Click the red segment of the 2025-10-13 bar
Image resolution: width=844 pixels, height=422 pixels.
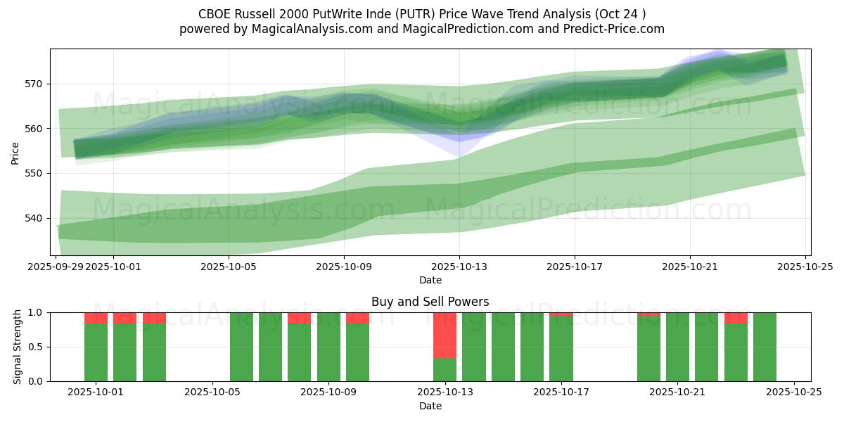tap(445, 335)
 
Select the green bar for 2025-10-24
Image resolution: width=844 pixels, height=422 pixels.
tap(765, 347)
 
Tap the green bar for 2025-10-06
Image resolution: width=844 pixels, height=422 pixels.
tap(241, 347)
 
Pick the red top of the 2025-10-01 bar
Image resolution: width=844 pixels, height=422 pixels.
tap(96, 318)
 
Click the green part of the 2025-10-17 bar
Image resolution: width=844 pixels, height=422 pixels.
tap(561, 349)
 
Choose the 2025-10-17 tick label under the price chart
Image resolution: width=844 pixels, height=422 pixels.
tap(575, 267)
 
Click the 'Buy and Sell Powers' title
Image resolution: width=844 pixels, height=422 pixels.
tap(430, 302)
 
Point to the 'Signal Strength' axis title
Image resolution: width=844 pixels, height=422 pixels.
tap(18, 347)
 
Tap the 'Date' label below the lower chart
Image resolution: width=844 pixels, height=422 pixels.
tap(430, 406)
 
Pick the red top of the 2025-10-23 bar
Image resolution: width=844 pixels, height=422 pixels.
tap(736, 318)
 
